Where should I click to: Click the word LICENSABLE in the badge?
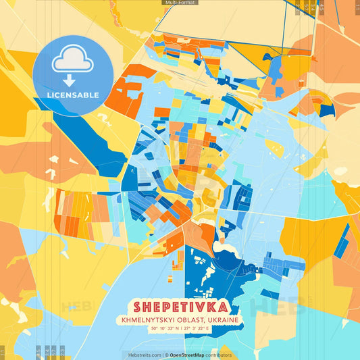tap(73, 95)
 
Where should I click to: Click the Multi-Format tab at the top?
tap(180, 3)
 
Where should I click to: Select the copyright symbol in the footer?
tap(166, 355)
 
